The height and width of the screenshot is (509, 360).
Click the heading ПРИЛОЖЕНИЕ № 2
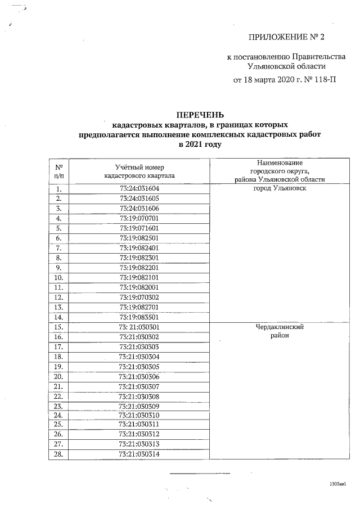(287, 37)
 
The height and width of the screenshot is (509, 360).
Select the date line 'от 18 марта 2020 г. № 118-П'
(285, 79)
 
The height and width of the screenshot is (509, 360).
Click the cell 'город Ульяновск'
(279, 188)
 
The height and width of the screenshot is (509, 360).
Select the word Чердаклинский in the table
(279, 326)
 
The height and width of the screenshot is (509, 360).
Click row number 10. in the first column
(58, 277)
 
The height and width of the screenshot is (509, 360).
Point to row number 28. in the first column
(58, 454)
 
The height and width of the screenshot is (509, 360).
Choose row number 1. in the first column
(58, 188)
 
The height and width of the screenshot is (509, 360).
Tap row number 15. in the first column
(58, 326)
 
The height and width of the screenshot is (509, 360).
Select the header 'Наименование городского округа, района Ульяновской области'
(279, 171)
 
